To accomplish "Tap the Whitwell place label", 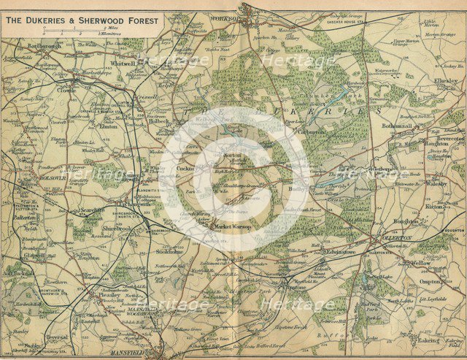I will (125, 64).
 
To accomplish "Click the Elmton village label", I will (108, 125).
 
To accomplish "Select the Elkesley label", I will (445, 81).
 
